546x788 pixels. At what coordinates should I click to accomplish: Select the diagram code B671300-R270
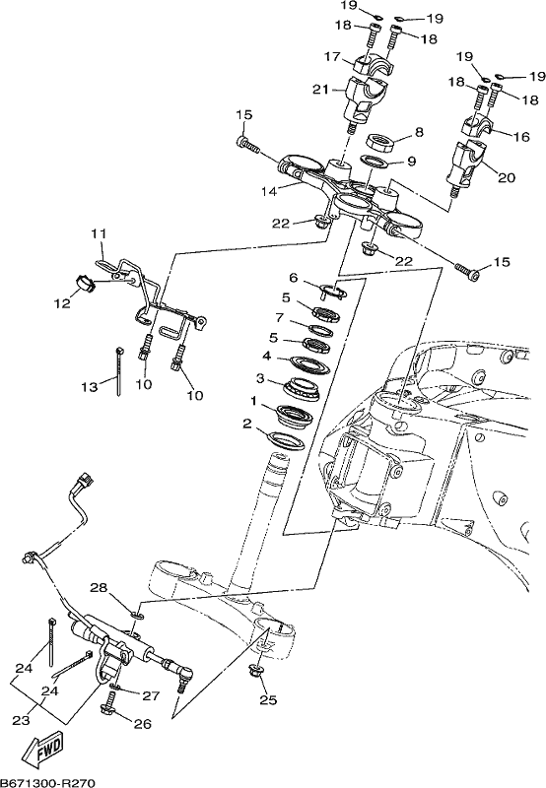[x=47, y=782]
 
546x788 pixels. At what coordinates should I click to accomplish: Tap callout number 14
[x=270, y=191]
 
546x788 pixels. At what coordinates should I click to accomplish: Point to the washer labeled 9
[x=375, y=162]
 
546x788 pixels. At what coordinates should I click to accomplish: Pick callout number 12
[x=63, y=303]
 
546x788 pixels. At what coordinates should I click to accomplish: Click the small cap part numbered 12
[x=86, y=284]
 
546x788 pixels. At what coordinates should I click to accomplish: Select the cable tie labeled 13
[x=119, y=371]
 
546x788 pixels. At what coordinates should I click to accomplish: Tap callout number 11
[x=99, y=234]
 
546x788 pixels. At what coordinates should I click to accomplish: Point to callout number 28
[x=99, y=587]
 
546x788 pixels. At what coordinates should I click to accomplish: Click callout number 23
[x=21, y=721]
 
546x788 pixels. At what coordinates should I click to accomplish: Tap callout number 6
[x=294, y=278]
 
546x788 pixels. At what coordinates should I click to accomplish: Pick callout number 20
[x=507, y=177]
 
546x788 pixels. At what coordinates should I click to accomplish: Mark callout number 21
[x=320, y=90]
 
